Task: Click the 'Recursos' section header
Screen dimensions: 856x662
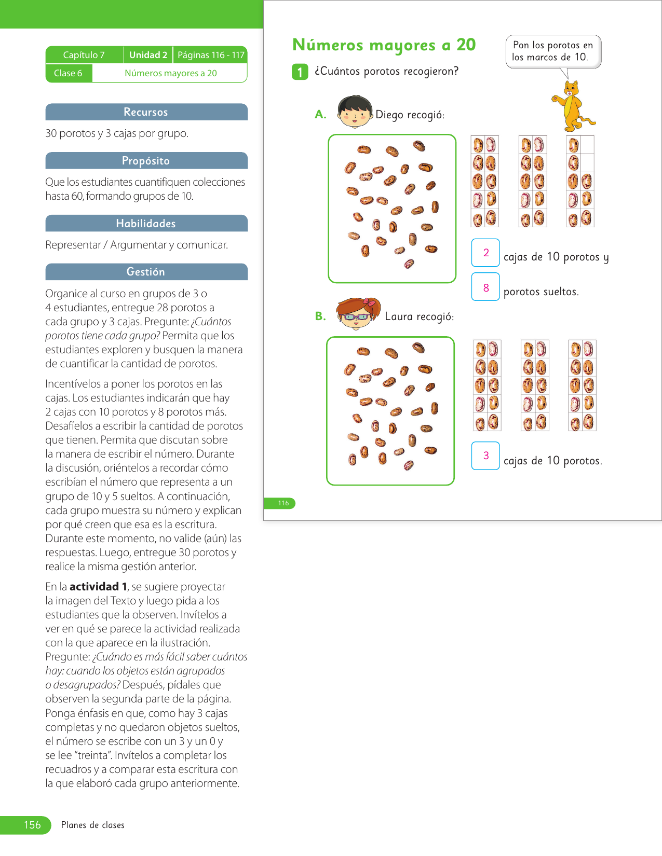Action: coord(146,112)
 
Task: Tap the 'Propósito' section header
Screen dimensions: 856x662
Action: coord(146,161)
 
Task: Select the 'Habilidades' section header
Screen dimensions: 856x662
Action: coord(146,224)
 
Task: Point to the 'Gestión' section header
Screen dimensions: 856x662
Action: coord(146,272)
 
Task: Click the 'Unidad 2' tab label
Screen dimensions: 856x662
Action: coord(148,55)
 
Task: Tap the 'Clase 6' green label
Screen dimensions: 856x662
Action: coord(69,73)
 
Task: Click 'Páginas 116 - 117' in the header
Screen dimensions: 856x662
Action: coord(211,55)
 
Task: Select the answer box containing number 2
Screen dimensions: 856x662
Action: coord(485,253)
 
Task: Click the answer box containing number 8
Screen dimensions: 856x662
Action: coord(485,287)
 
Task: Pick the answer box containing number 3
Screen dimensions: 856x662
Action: coord(485,455)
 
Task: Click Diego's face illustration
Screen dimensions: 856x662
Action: coord(355,112)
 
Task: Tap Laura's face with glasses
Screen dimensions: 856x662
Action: coord(358,314)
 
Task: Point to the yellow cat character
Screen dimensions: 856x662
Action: coord(572,106)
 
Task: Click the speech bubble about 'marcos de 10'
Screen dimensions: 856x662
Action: coord(553,51)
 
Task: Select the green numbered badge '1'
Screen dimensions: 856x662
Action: coord(300,72)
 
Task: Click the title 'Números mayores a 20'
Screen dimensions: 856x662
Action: coord(384,45)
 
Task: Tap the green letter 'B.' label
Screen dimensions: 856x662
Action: coord(320,316)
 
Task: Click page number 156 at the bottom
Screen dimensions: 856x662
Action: coord(32,825)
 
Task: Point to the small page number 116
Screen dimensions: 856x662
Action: coord(283,503)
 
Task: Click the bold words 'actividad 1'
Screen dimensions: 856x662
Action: coord(98,587)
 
